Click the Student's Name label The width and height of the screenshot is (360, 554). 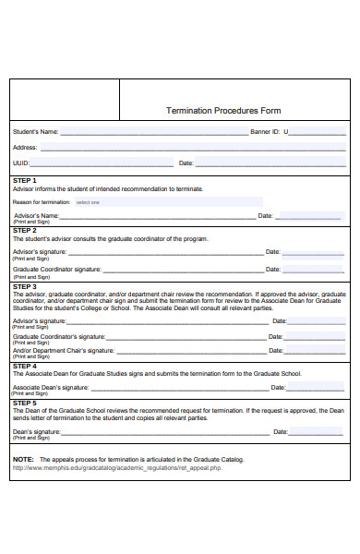click(35, 132)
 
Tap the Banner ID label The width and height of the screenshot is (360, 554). click(265, 132)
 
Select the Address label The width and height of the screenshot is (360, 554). click(25, 147)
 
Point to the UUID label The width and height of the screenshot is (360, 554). click(21, 163)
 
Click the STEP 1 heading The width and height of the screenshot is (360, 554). click(25, 180)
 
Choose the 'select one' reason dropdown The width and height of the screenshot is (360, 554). click(88, 201)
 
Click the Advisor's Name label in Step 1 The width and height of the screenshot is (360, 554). click(36, 215)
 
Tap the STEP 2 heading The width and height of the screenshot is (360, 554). click(25, 230)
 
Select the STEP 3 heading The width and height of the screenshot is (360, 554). click(25, 286)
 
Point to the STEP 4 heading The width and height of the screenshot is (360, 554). click(25, 366)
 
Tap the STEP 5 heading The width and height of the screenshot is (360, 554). click(25, 403)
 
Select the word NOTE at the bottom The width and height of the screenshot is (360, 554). click(22, 459)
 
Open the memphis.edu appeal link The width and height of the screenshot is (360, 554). click(116, 468)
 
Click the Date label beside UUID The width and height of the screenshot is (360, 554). click(186, 163)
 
